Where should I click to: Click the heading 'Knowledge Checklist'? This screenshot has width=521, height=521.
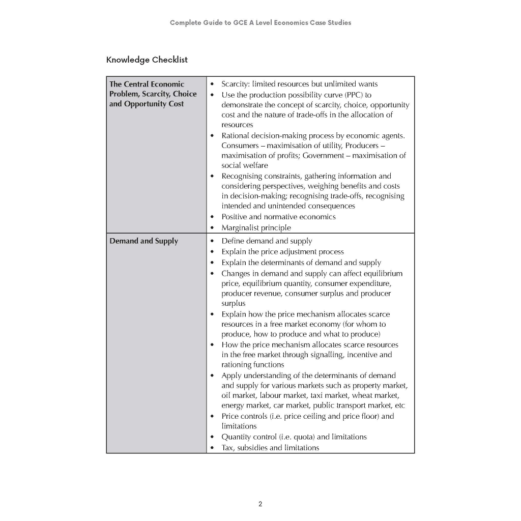pos(147,60)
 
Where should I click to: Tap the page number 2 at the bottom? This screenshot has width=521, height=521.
pos(260,504)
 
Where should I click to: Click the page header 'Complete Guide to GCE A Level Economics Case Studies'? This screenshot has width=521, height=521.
pos(260,22)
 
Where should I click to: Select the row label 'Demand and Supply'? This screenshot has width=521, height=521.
pos(144,241)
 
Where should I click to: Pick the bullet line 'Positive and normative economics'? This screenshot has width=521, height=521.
pos(278,217)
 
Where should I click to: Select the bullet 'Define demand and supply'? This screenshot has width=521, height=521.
pos(267,241)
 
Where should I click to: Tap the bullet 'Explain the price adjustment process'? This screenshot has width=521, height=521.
pos(282,252)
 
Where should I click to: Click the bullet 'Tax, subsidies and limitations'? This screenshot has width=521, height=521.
pos(270,448)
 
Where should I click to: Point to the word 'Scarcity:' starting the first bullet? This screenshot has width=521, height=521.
pos(236,84)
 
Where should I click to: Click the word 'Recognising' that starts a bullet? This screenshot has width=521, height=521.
pos(241,176)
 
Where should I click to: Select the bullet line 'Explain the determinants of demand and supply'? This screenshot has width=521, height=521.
pos(301,263)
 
